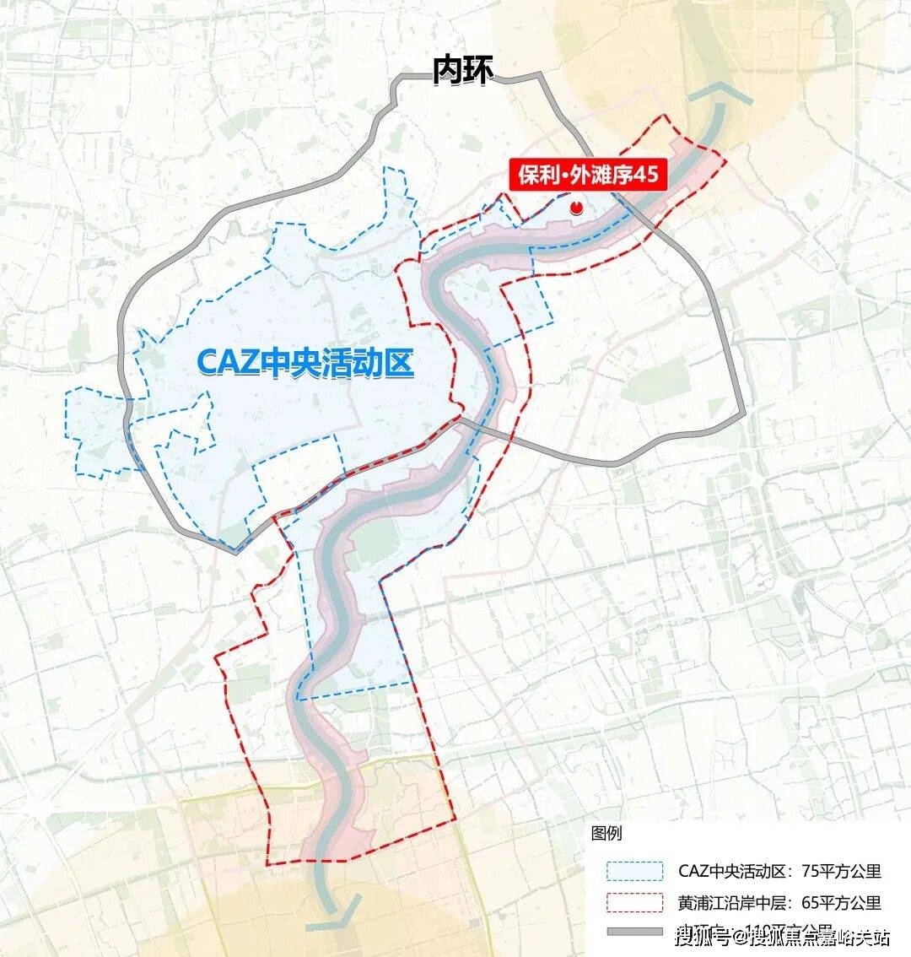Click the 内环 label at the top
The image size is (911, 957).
461,71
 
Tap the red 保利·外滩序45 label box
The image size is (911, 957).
588,176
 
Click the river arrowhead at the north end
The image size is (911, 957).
720,94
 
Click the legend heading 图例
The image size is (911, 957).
606,833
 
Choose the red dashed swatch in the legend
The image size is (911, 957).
633,901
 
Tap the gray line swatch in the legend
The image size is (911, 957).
633,932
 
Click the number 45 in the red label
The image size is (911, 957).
643,176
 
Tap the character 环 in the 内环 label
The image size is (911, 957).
477,71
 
